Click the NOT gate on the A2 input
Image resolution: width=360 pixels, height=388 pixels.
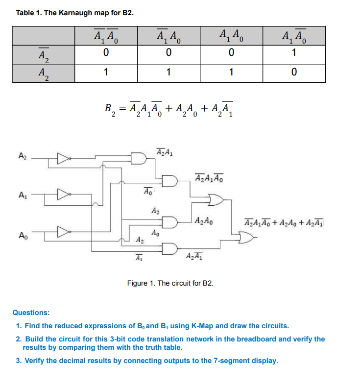click(63, 158)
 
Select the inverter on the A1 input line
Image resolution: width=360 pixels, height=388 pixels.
click(63, 195)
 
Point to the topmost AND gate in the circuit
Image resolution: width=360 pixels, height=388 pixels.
click(139, 158)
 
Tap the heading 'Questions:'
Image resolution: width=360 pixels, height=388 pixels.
click(30, 312)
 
